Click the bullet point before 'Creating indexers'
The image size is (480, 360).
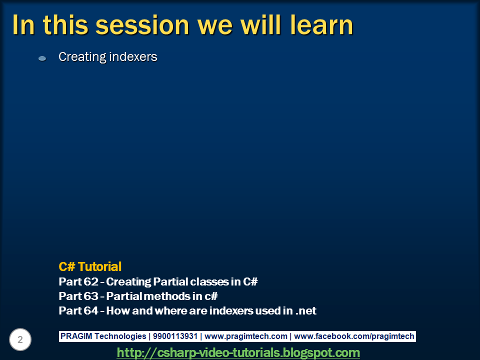(42, 58)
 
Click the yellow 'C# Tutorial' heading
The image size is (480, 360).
(90, 266)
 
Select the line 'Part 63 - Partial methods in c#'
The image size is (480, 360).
(138, 296)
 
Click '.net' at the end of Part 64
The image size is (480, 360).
(306, 310)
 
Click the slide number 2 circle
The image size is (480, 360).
(20, 340)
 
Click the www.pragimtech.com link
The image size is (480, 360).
(245, 336)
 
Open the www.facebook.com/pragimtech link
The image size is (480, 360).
(354, 336)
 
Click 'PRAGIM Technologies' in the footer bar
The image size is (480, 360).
(103, 336)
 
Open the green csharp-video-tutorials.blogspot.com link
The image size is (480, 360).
(238, 352)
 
